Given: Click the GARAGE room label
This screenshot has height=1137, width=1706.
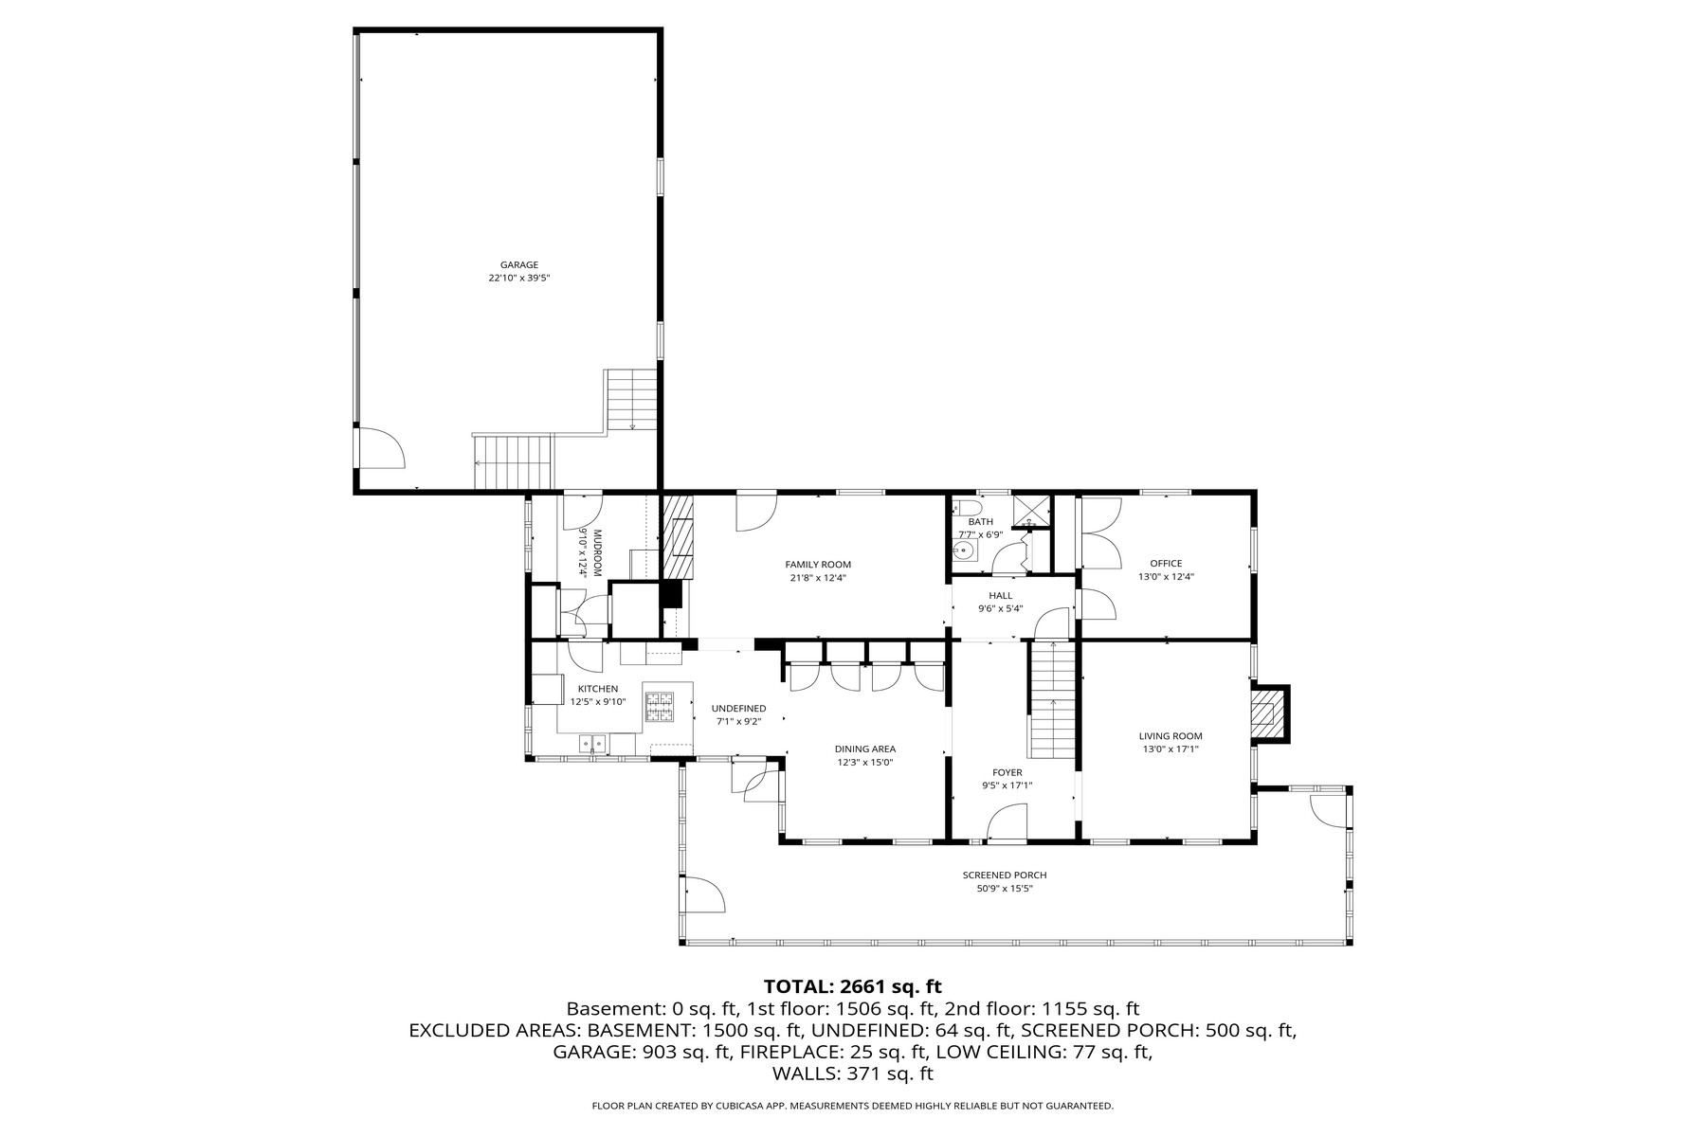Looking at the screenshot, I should [519, 265].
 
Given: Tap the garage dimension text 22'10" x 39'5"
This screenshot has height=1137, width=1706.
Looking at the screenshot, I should [519, 279].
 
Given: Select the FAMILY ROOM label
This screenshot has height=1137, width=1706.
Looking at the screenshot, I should [818, 565].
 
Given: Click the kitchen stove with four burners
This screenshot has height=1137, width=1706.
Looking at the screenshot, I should [659, 707].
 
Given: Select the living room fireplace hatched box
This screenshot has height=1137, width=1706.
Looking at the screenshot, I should [1265, 713].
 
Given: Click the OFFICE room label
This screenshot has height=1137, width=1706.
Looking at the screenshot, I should [1166, 564].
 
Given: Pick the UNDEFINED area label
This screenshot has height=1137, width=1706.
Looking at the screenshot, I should [738, 709].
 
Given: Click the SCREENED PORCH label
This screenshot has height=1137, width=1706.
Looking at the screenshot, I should [1005, 875].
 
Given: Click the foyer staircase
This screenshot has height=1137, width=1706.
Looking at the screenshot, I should [1052, 701].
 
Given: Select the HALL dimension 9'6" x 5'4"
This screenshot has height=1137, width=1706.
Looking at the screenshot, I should [1001, 609].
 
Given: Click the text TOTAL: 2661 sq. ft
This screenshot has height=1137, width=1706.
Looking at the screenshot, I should [852, 987].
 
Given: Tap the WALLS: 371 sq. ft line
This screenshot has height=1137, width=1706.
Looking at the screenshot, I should [852, 1074].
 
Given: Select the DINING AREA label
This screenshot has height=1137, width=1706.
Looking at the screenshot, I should [865, 749].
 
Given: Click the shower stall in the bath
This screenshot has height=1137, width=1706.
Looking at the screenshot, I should [1030, 510].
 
